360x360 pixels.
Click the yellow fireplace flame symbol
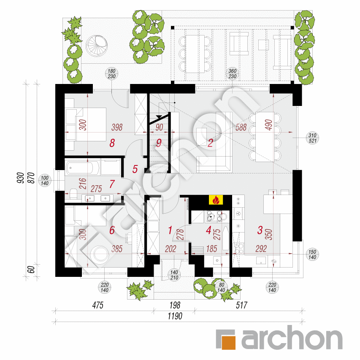(x=216, y=200)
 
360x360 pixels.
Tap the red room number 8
(x=112, y=143)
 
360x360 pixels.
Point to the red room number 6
(x=112, y=230)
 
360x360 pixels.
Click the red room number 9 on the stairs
(x=159, y=143)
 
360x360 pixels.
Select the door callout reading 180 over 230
(x=111, y=73)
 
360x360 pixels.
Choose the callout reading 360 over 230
(x=232, y=73)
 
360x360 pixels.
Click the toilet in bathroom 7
(x=73, y=195)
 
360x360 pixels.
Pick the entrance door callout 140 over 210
(x=173, y=274)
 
